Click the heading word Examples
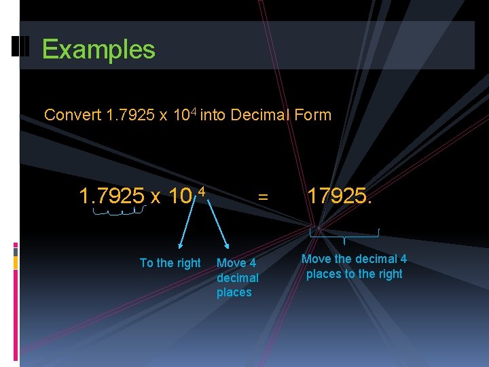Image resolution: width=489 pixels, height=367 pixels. click(x=98, y=50)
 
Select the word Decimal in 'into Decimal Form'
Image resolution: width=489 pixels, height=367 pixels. click(x=261, y=115)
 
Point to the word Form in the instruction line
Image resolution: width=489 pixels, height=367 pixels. click(x=313, y=115)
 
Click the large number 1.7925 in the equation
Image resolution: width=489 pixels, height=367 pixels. click(x=111, y=197)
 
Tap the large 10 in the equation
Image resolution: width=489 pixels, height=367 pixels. click(x=180, y=197)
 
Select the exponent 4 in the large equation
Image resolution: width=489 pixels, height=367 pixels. click(x=201, y=192)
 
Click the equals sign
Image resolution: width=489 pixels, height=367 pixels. click(x=263, y=198)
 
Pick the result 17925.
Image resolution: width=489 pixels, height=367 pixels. click(x=340, y=197)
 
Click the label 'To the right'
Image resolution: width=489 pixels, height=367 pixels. click(x=170, y=263)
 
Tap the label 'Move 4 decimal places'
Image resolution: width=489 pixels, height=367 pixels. click(x=237, y=277)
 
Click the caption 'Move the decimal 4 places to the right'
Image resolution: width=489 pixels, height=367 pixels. click(x=354, y=266)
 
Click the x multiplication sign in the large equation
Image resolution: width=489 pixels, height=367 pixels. click(x=156, y=198)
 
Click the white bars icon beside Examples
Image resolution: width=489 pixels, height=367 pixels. click(x=19, y=48)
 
